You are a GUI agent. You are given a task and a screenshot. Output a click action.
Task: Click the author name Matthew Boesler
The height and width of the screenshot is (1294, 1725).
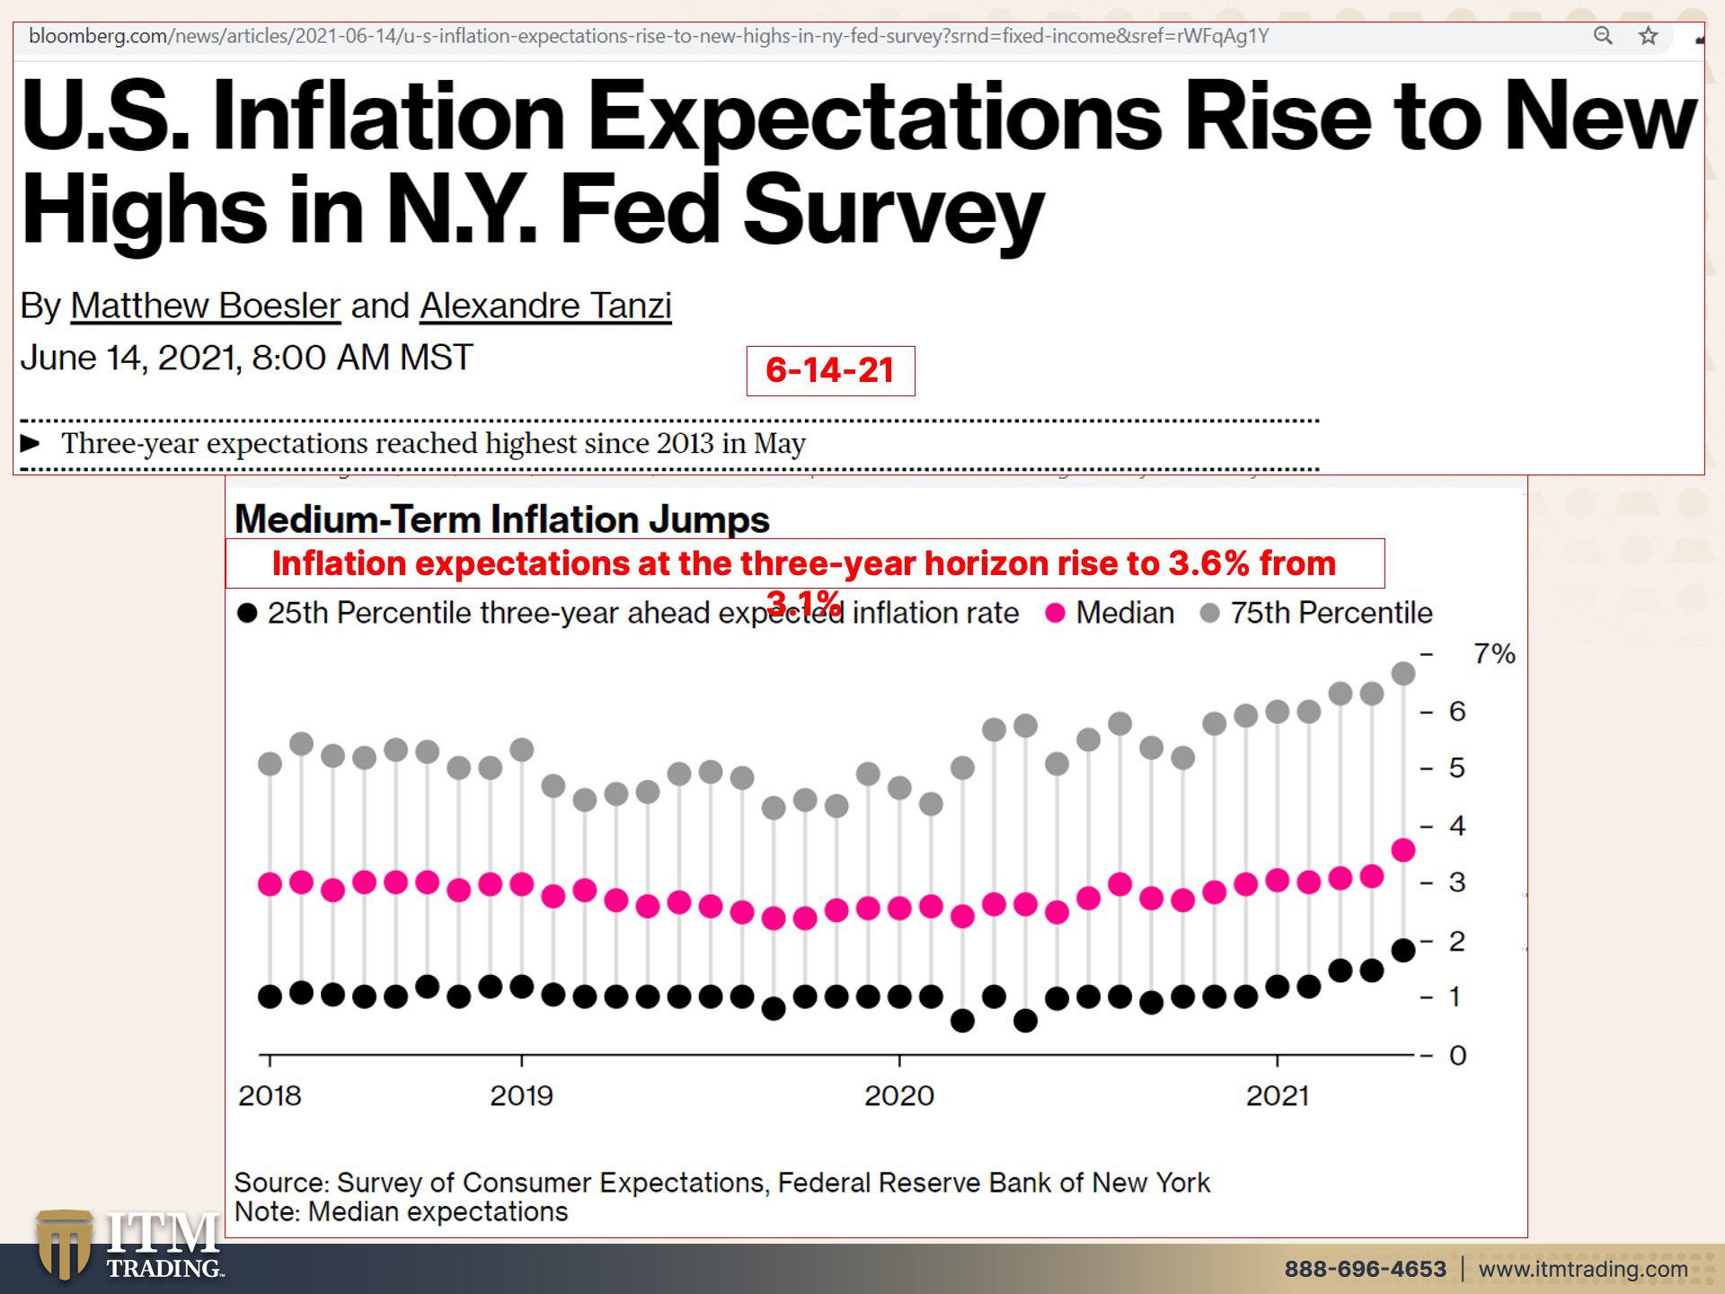(x=205, y=306)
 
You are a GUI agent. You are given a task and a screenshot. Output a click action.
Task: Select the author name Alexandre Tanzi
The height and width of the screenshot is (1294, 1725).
(x=545, y=306)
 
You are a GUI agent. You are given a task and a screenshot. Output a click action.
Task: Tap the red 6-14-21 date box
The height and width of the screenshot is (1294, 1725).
(x=830, y=370)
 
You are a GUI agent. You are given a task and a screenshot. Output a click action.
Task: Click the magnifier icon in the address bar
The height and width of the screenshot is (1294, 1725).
(x=1603, y=36)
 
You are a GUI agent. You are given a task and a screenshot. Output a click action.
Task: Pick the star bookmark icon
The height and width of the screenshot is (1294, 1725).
(x=1648, y=36)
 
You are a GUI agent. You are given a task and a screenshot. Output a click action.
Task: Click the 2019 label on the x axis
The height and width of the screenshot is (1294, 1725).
(x=521, y=1095)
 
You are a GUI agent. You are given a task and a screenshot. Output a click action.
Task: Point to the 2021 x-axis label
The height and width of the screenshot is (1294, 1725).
(x=1277, y=1095)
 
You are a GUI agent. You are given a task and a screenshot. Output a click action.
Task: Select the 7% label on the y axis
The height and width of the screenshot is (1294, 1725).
(x=1494, y=654)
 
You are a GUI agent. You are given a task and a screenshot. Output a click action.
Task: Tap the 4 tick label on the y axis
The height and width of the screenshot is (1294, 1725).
(x=1457, y=826)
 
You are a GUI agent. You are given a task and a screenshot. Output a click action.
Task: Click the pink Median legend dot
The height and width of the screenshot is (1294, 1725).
(x=1056, y=613)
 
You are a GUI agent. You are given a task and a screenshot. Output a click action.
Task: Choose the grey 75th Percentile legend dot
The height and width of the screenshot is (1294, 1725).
(x=1210, y=613)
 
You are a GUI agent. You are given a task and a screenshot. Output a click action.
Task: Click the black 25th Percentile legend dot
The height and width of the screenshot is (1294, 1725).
(x=247, y=614)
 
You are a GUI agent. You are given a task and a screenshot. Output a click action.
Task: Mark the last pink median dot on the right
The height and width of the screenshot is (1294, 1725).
(x=1402, y=850)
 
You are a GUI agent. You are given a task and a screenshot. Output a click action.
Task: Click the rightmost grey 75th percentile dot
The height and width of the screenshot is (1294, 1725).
(x=1402, y=674)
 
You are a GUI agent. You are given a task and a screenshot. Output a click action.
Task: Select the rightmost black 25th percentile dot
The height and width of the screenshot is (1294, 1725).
(x=1402, y=950)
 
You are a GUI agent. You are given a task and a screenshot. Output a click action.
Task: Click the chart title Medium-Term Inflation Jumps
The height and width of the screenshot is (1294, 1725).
(x=501, y=519)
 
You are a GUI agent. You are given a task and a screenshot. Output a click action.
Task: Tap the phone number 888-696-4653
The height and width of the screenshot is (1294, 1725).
(x=1365, y=1269)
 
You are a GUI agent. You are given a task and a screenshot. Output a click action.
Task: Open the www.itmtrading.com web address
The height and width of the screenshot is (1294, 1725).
(x=1582, y=1269)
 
